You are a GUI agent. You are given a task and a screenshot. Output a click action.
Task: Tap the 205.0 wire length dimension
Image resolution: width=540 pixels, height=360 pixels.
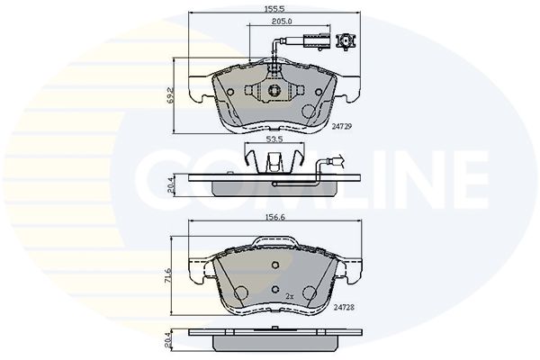pos(282,22)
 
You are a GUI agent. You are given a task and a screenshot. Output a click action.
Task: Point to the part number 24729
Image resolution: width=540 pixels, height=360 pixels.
pos(342,126)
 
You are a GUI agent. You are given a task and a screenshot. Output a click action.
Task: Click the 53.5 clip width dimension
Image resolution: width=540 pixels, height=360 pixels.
pos(274,139)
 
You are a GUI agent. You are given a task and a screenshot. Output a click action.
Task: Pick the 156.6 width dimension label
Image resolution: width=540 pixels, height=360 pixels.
pos(275,217)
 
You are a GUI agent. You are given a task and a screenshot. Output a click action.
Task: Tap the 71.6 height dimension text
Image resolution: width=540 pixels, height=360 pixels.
pos(168,274)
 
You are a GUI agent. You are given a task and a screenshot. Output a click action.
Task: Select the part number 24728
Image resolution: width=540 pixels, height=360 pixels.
pos(344,307)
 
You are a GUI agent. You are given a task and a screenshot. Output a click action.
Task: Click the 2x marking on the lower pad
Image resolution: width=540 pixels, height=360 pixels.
pos(290,296)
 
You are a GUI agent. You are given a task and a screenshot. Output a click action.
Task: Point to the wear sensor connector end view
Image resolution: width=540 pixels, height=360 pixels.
pos(346,41)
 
